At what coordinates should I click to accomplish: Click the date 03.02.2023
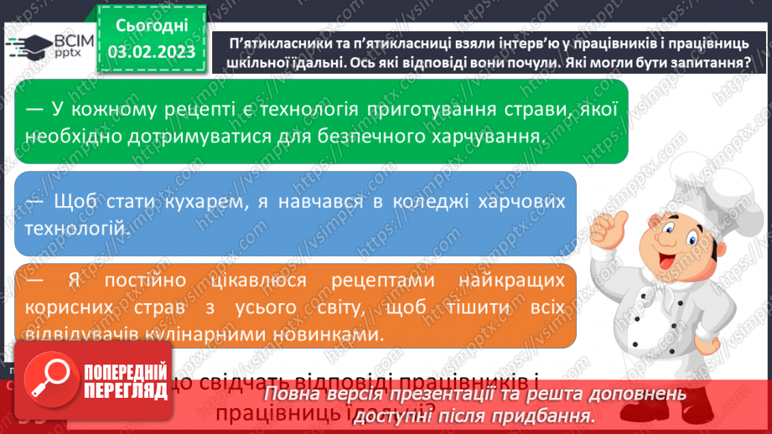click(152, 52)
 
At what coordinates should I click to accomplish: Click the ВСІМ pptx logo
click(49, 46)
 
